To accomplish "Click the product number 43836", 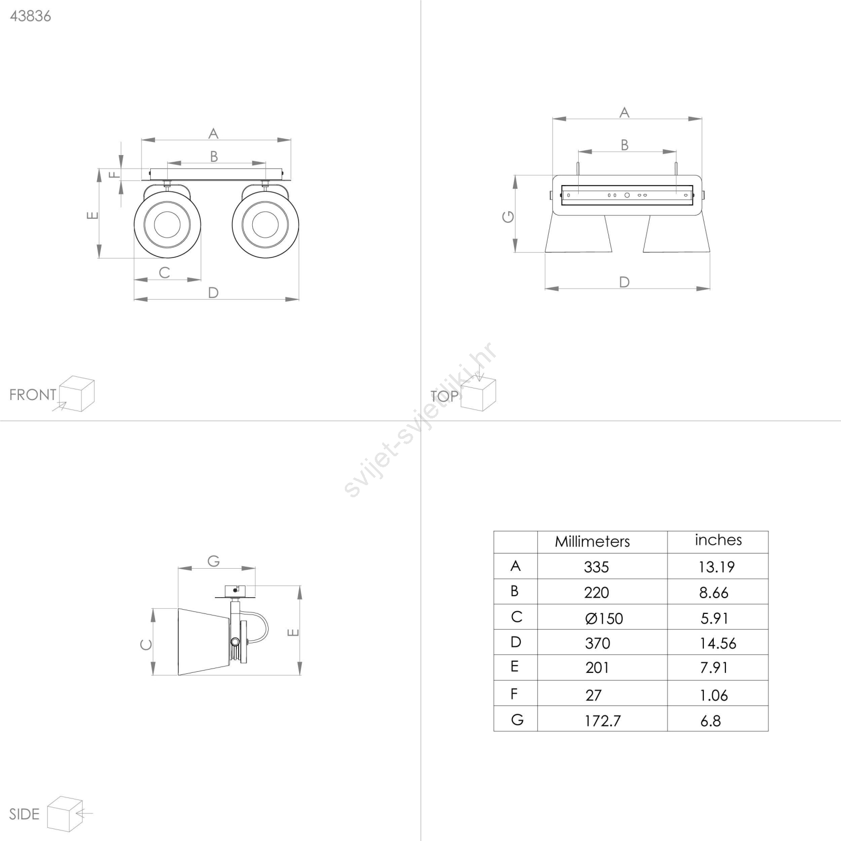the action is click(30, 16).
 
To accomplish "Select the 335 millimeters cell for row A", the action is click(596, 567).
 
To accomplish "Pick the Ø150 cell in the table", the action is click(604, 618).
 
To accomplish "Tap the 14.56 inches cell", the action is click(717, 643).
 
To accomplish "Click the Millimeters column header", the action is click(592, 541).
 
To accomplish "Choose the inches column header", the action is click(718, 540).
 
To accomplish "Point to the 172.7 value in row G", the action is click(602, 721).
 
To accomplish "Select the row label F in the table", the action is click(515, 694).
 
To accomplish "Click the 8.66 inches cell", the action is click(713, 592).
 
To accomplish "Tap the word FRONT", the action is click(33, 395).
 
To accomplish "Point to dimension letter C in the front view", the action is click(165, 272).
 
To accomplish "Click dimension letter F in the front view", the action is click(115, 174).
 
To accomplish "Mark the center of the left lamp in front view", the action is click(167, 224).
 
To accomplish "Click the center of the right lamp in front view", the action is click(265, 224).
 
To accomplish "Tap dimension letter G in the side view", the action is click(213, 561).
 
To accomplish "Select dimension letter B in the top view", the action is click(624, 145).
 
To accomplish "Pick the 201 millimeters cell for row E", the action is click(597, 668).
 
